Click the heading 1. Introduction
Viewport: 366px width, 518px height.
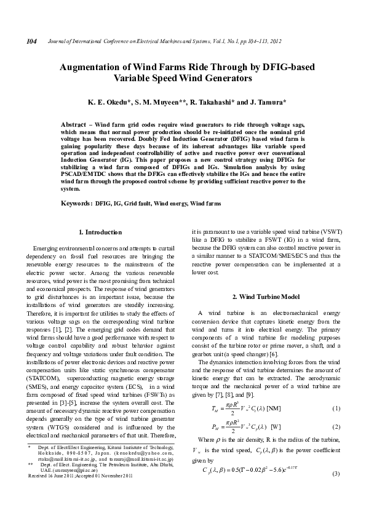coord(101,232)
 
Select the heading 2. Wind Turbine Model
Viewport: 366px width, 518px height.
coord(266,297)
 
